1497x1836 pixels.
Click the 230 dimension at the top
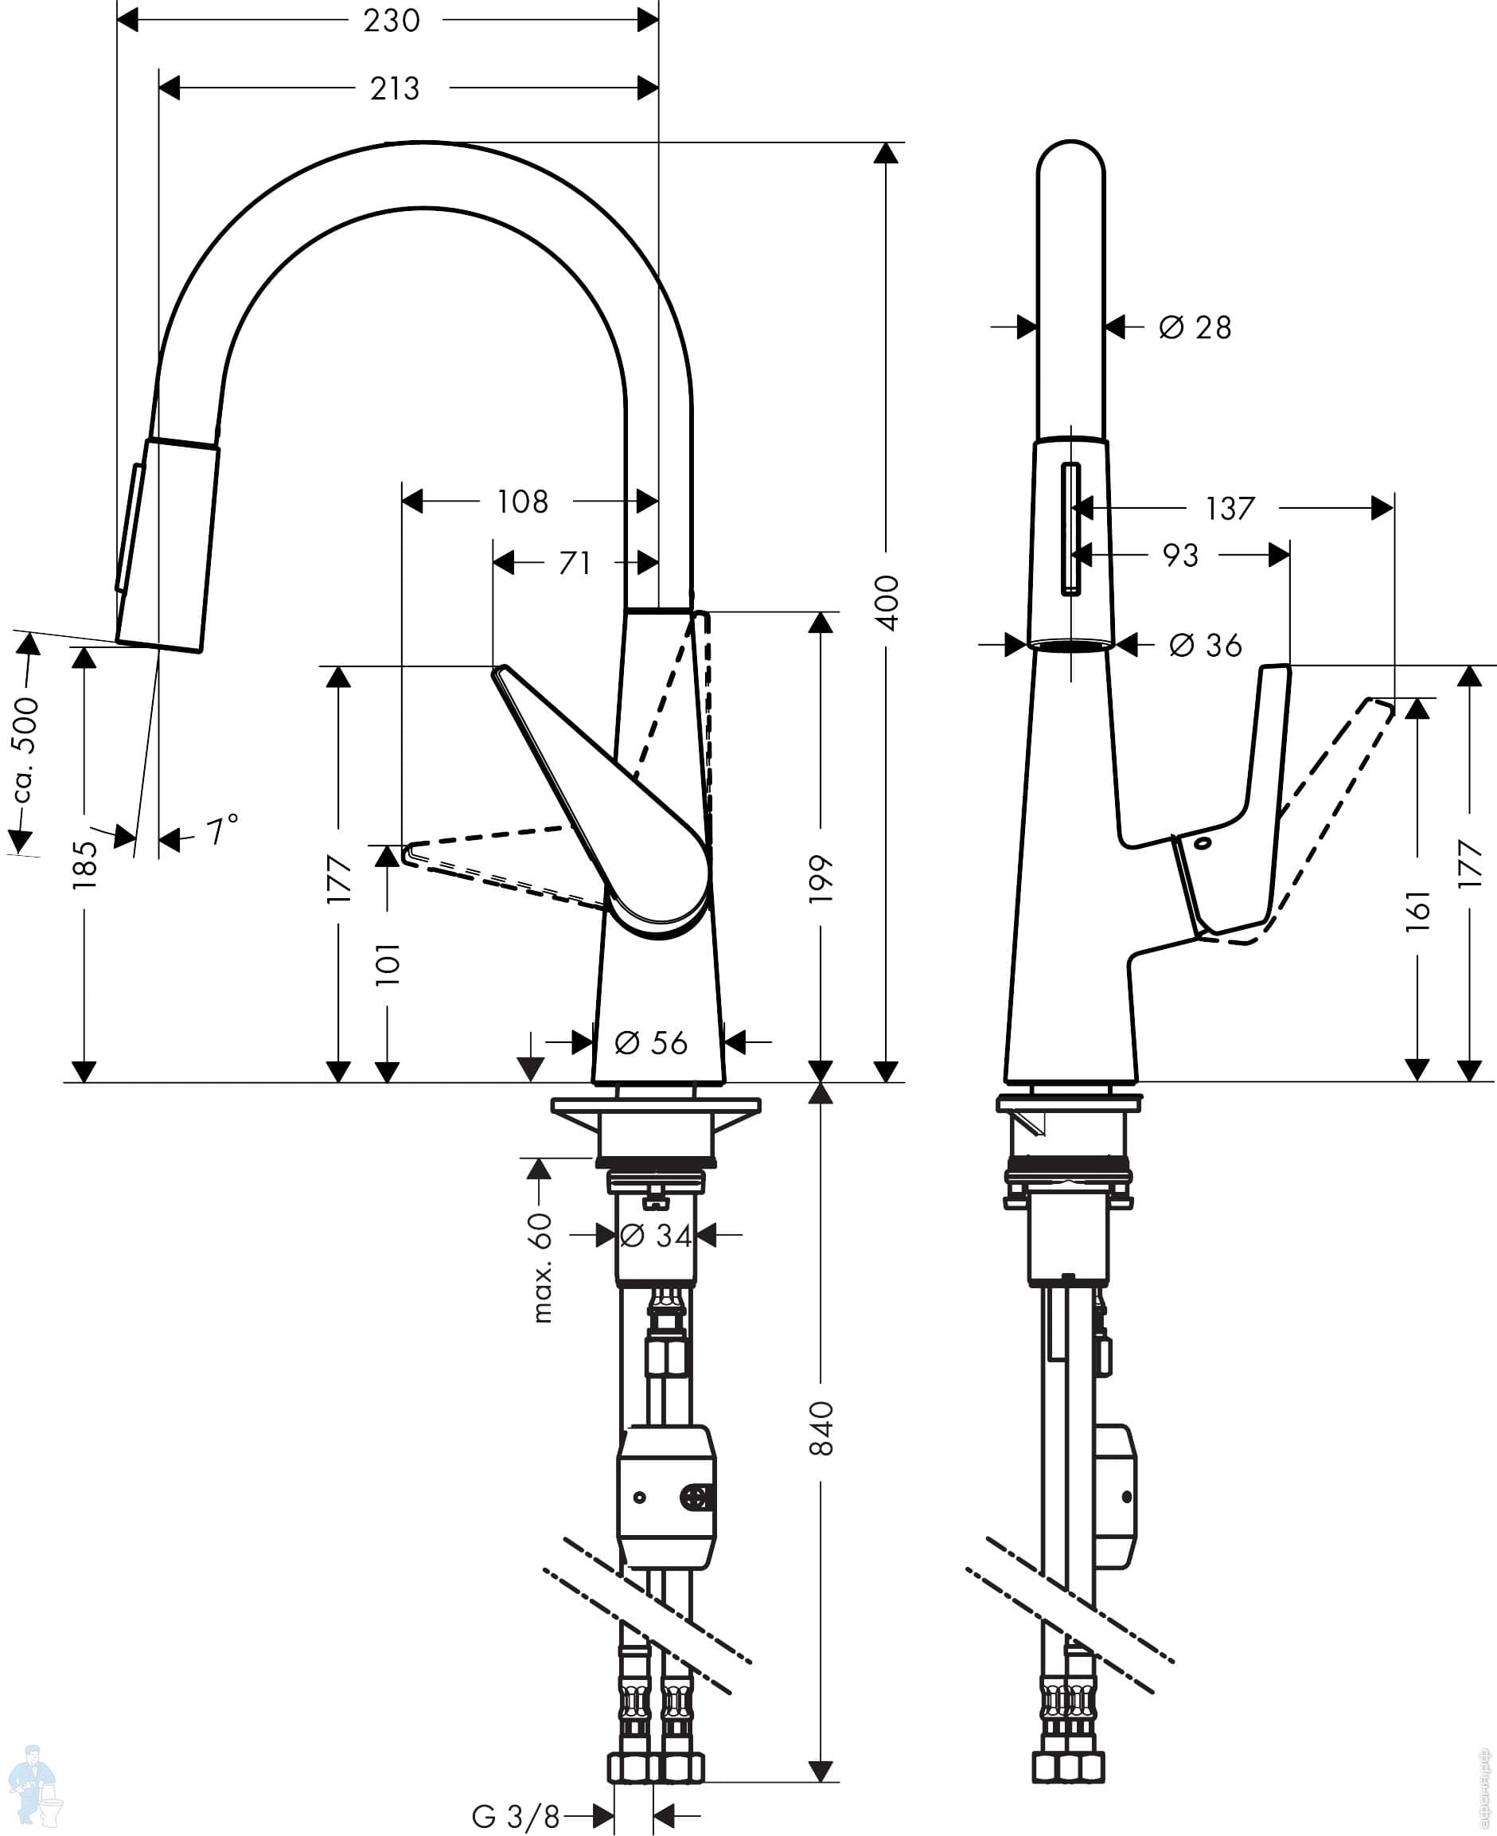point(392,20)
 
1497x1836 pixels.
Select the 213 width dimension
point(395,88)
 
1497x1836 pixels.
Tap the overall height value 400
point(887,603)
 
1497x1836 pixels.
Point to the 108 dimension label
point(523,502)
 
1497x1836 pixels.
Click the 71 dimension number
point(575,563)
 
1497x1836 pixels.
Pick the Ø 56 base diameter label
point(651,1042)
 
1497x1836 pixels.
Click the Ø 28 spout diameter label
point(1195,327)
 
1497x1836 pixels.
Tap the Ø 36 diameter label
point(1206,644)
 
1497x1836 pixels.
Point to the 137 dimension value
point(1230,508)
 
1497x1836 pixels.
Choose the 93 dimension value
point(1180,555)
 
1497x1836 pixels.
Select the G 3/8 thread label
point(516,1816)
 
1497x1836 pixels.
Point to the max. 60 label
point(540,1268)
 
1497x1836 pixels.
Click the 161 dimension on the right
point(1417,910)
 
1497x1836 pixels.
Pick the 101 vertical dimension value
point(388,963)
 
